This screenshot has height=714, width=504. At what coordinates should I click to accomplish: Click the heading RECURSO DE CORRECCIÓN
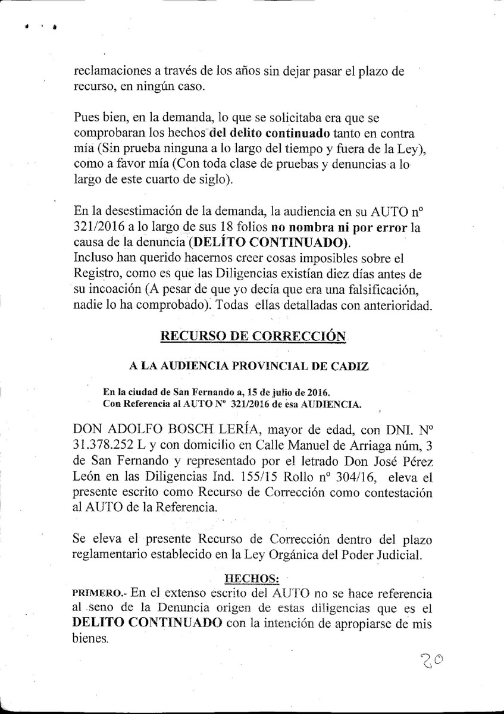(253, 336)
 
